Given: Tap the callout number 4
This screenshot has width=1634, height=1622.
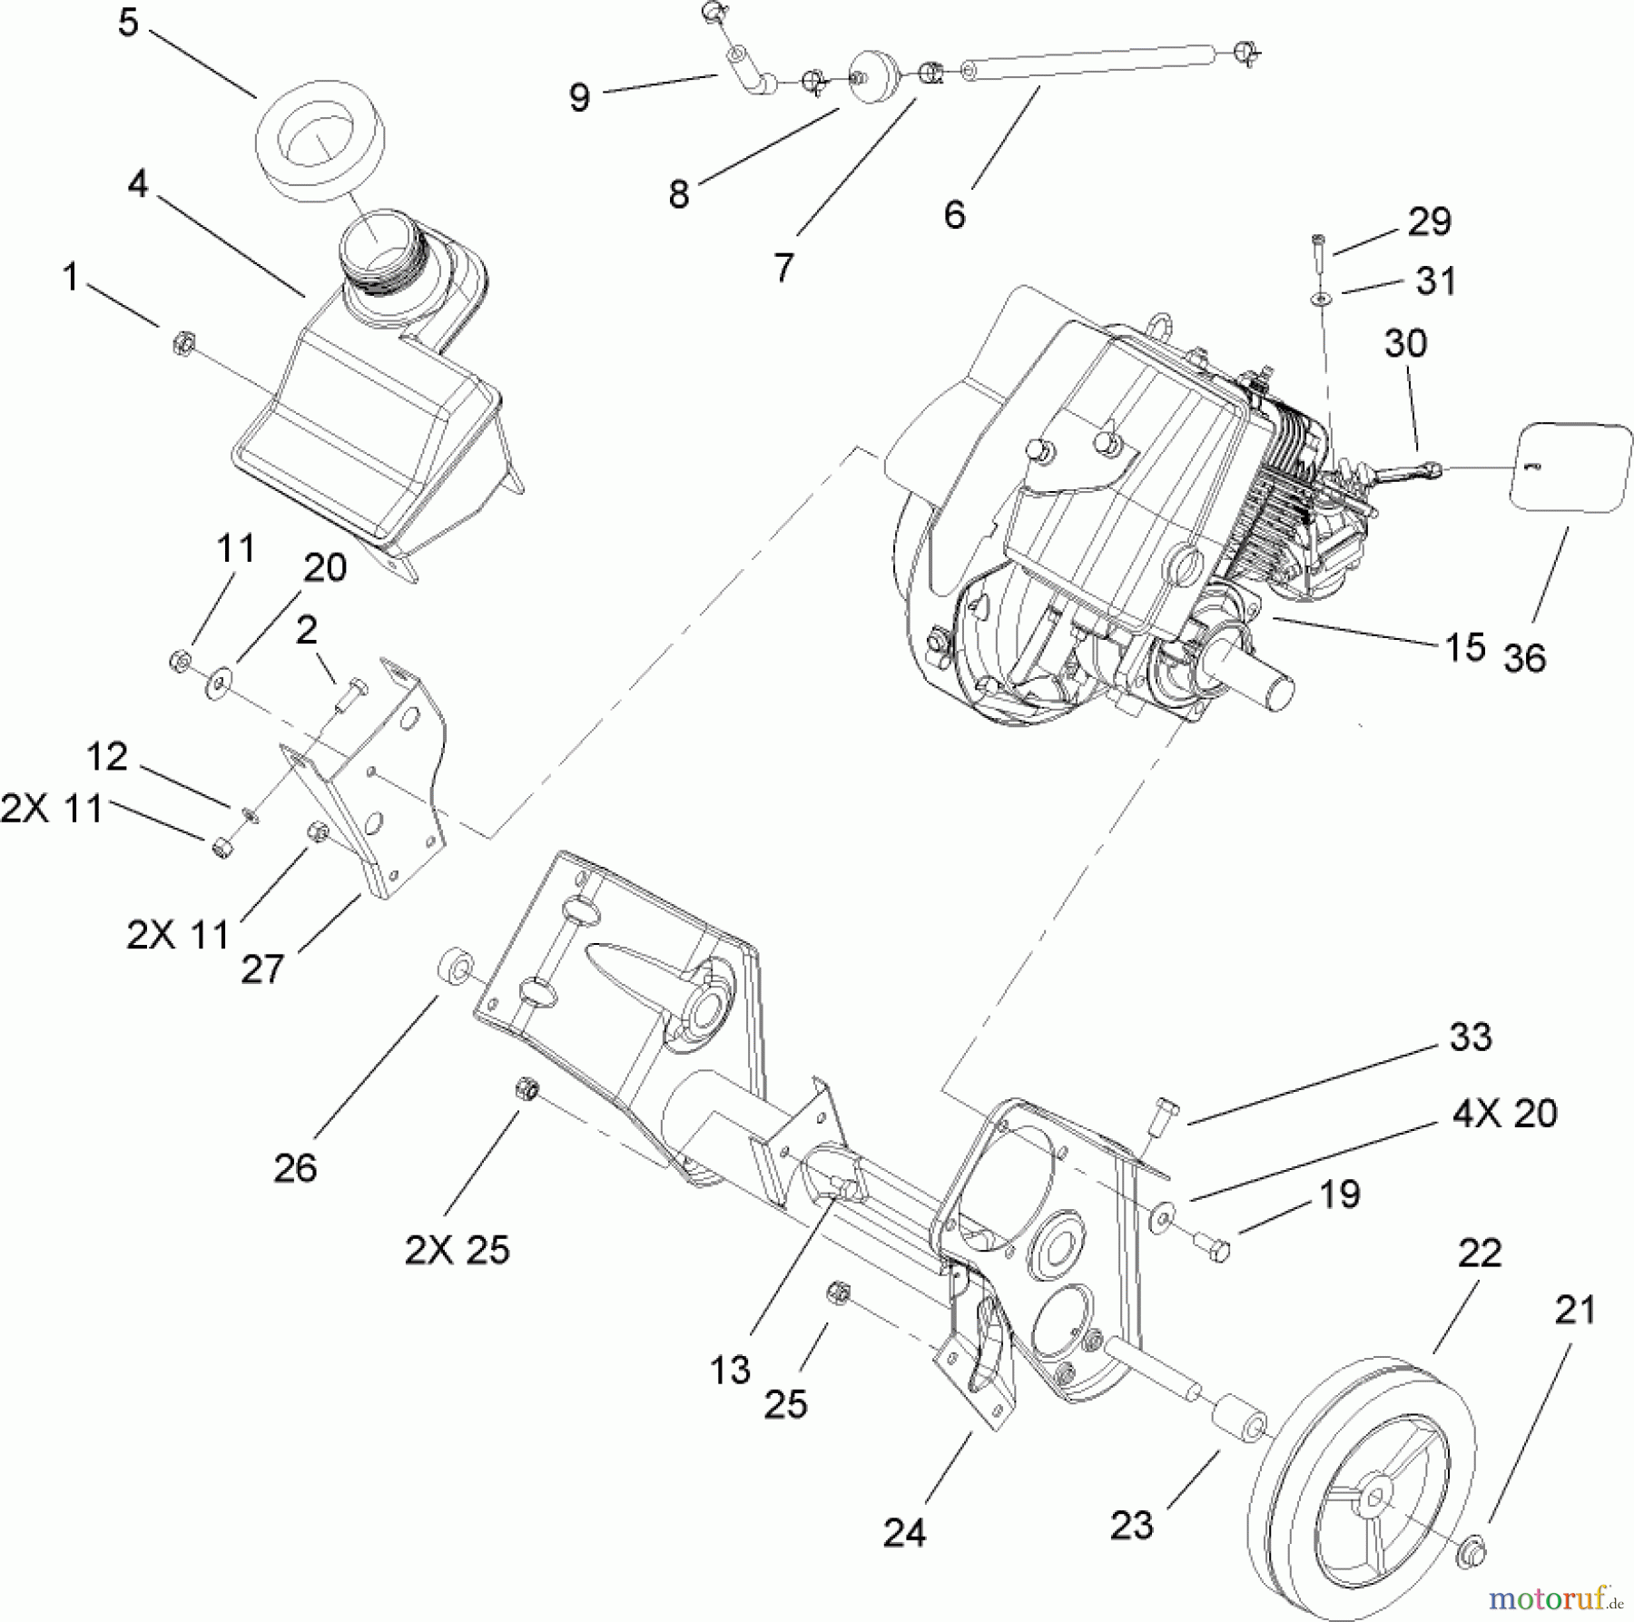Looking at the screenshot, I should tap(137, 184).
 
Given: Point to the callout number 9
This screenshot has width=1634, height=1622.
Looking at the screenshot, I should tap(579, 97).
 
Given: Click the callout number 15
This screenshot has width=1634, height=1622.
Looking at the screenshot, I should tap(1463, 647).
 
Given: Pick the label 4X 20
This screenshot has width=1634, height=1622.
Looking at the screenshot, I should tap(1505, 1114).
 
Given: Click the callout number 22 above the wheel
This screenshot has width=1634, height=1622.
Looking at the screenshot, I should tap(1480, 1253).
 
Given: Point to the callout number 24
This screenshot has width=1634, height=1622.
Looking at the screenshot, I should tap(904, 1533).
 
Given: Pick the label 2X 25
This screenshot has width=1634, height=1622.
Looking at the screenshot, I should tap(458, 1251).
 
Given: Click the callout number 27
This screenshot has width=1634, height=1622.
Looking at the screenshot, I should tap(262, 968).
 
